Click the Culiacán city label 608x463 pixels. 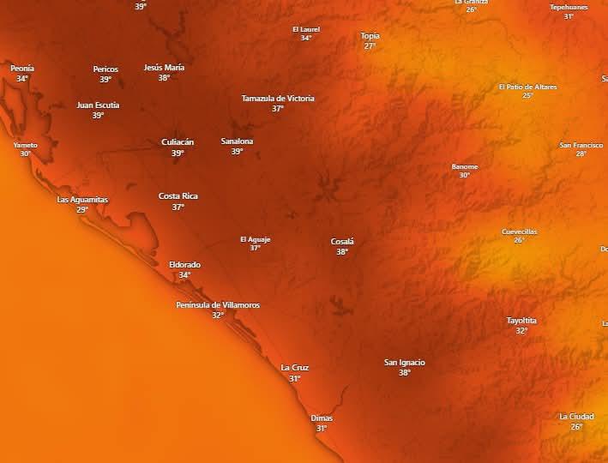pyautogui.click(x=178, y=142)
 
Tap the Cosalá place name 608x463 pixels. pyautogui.click(x=342, y=242)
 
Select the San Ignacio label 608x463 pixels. pyautogui.click(x=404, y=363)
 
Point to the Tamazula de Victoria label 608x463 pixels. pyautogui.click(x=278, y=99)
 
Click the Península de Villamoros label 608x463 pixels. pyautogui.click(x=218, y=305)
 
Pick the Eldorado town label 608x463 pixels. pyautogui.click(x=184, y=265)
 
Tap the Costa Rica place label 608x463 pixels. pyautogui.click(x=178, y=196)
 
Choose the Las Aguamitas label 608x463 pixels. pyautogui.click(x=82, y=200)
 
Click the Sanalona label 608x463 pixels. pyautogui.click(x=237, y=141)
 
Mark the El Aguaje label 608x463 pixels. pyautogui.click(x=255, y=239)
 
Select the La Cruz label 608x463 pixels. pyautogui.click(x=294, y=368)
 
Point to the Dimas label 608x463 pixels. pyautogui.click(x=322, y=418)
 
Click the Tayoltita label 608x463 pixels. pyautogui.click(x=521, y=321)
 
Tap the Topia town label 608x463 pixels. pyautogui.click(x=370, y=36)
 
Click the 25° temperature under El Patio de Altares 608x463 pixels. pyautogui.click(x=527, y=96)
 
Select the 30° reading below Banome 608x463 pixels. pyautogui.click(x=464, y=175)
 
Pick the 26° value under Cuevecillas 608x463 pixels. pyautogui.click(x=519, y=240)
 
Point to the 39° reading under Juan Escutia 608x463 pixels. pyautogui.click(x=98, y=116)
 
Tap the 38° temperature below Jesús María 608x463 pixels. pyautogui.click(x=164, y=78)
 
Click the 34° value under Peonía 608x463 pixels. pyautogui.click(x=22, y=79)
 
